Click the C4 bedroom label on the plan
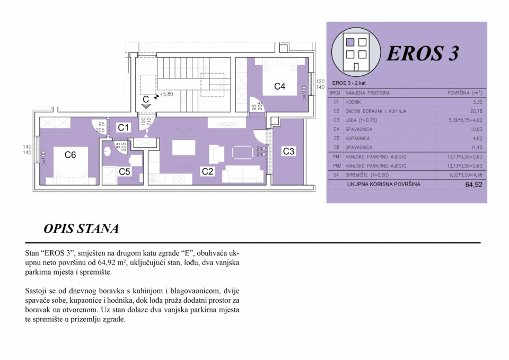point(279,86)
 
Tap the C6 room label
point(70,155)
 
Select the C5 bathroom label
point(124,171)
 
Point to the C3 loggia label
point(288,151)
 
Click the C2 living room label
point(207,171)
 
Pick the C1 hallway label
point(123,128)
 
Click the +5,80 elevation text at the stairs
point(166,94)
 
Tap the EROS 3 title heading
point(423,53)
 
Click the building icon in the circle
point(356,52)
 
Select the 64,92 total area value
point(473,185)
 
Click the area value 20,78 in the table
point(476,111)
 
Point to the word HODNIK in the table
point(353,102)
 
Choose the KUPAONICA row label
point(357,138)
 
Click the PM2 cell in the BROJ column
point(337,166)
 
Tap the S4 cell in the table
point(336,175)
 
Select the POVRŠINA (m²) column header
point(465,93)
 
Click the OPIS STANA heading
point(81,229)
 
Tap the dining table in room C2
point(184,148)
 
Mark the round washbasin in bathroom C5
point(108,152)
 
